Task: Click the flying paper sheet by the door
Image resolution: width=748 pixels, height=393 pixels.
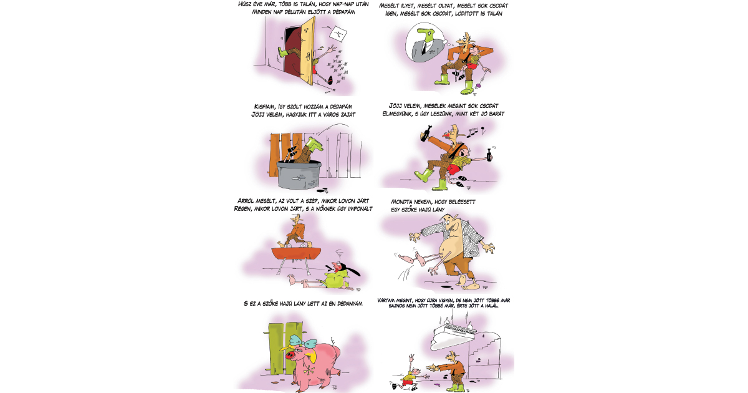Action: point(338,34)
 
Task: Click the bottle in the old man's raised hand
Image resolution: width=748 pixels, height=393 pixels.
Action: point(426,133)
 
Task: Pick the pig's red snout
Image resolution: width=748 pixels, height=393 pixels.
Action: point(290,355)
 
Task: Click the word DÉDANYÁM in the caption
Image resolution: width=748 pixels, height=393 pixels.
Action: point(350,303)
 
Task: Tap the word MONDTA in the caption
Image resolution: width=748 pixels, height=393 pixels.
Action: point(401,202)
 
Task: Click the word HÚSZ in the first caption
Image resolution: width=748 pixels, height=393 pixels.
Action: point(245,4)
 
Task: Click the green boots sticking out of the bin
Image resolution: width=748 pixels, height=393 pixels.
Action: point(315,144)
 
